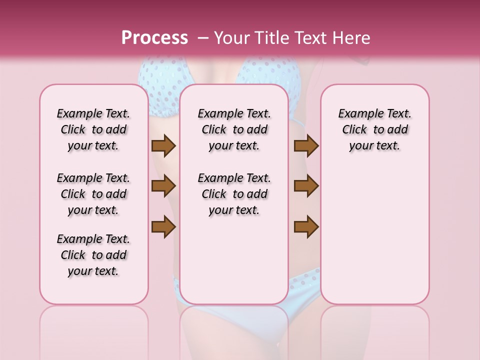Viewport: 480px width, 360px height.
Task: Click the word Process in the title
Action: click(154, 38)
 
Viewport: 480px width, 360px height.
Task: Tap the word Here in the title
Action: click(351, 38)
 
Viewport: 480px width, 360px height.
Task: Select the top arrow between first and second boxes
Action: click(163, 146)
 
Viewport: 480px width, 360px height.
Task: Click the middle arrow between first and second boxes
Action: click(163, 186)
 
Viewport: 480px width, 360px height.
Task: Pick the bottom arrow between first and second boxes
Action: click(163, 226)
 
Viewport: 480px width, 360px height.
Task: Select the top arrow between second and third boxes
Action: click(306, 146)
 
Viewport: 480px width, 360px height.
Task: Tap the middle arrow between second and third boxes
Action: click(306, 186)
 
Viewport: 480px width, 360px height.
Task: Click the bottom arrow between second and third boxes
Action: click(306, 226)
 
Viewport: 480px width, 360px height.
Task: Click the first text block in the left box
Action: click(93, 129)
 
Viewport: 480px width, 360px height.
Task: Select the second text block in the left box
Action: click(93, 194)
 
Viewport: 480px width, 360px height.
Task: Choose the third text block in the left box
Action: click(93, 255)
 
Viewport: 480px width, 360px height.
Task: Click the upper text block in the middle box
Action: click(234, 129)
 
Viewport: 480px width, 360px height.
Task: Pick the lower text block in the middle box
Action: click(234, 194)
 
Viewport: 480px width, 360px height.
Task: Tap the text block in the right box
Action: click(375, 129)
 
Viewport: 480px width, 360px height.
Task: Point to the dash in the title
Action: click(203, 38)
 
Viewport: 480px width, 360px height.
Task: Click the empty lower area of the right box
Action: click(375, 235)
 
